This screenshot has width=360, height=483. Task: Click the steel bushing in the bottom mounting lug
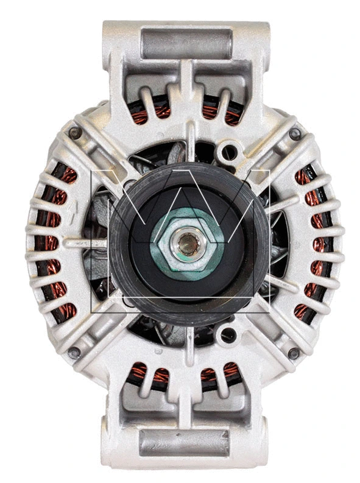pyautogui.click(x=184, y=443)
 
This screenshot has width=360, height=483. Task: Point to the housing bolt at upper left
pyautogui.click(x=76, y=133)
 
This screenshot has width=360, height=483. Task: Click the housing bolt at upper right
pyautogui.click(x=295, y=134)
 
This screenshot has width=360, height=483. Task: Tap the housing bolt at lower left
pyautogui.click(x=74, y=351)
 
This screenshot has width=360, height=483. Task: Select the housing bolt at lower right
pyautogui.click(x=294, y=353)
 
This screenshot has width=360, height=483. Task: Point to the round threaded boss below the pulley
pyautogui.click(x=228, y=334)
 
